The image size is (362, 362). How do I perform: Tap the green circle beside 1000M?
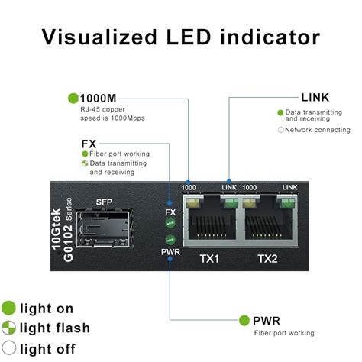pos(73,98)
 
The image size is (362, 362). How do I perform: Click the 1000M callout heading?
pos(99,98)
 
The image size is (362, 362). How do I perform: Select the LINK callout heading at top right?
pos(315,97)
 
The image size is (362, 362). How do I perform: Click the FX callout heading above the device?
pos(89,144)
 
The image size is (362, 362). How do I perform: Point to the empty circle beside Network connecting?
pos(280,131)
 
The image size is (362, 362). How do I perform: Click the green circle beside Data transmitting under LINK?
pos(280,113)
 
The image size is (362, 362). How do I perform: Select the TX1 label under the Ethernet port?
pos(208,259)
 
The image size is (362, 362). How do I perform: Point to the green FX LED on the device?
pos(171,224)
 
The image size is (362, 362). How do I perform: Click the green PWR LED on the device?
pos(171,237)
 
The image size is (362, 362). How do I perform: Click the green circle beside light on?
pos(9,309)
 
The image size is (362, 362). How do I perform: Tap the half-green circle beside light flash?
pos(9,328)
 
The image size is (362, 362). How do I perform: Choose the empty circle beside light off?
pos(9,349)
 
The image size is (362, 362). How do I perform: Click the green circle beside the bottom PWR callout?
pos(245,321)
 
